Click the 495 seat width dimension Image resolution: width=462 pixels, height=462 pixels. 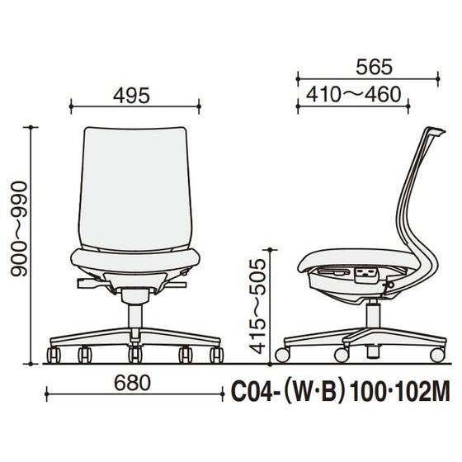[x=131, y=96]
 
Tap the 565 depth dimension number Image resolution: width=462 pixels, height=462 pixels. [x=374, y=67]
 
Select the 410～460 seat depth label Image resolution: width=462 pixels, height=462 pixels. [x=354, y=95]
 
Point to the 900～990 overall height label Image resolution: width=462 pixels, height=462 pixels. [x=19, y=229]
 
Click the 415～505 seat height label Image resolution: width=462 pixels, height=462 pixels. [x=257, y=306]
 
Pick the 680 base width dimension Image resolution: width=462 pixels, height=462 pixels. [x=132, y=383]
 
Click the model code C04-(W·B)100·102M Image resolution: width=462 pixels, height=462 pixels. [x=341, y=392]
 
